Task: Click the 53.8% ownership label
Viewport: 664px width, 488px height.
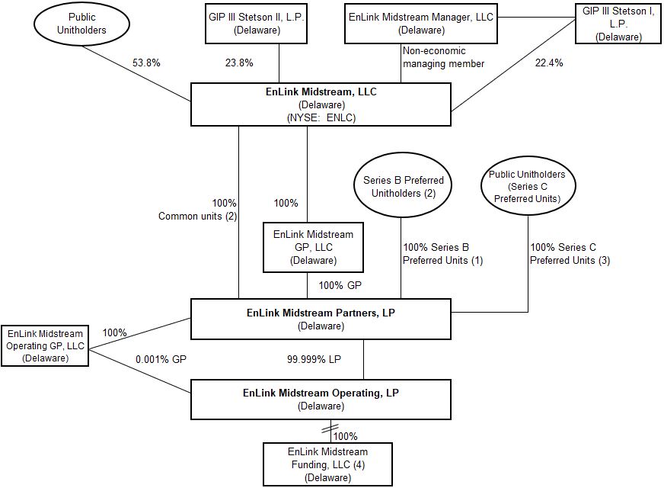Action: pos(146,64)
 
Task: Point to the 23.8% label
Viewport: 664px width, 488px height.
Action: pos(239,64)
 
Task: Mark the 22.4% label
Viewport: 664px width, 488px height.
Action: pos(549,64)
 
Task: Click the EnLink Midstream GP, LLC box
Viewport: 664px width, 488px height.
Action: pos(313,247)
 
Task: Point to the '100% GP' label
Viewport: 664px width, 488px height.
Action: pos(340,286)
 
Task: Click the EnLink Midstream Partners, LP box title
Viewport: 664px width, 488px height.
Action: pos(320,312)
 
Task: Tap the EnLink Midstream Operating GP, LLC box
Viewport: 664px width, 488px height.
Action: pos(44,345)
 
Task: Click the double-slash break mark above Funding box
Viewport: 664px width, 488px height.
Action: pos(328,430)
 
